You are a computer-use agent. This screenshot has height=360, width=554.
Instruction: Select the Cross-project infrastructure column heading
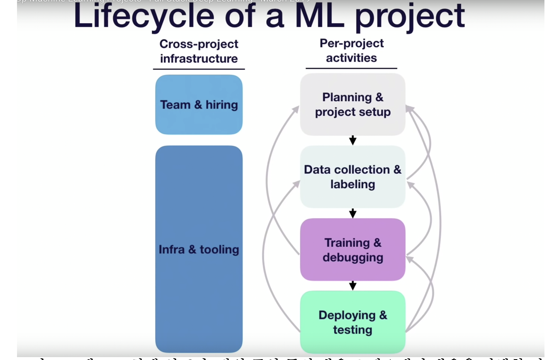(199, 51)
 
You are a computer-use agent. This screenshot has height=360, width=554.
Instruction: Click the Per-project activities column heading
(351, 51)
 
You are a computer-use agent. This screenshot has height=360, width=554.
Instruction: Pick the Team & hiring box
(199, 105)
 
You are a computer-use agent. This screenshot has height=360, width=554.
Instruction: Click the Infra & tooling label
(199, 249)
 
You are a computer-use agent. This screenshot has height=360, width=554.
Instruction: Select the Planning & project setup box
(352, 105)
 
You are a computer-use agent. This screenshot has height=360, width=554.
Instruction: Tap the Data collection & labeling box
(352, 177)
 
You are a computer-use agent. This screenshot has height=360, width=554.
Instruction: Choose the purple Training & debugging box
(352, 250)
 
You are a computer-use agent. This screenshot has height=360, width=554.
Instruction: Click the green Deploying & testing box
(352, 322)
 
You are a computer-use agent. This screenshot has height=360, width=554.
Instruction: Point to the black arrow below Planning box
(352, 140)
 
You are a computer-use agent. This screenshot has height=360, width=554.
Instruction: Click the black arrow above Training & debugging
(352, 213)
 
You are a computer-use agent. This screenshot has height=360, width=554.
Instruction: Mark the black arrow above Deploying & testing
(352, 285)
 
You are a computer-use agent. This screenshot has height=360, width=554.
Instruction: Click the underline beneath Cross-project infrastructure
(199, 69)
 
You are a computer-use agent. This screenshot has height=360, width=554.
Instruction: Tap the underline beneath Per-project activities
(351, 68)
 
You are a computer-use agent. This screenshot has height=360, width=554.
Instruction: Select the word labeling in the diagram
(352, 184)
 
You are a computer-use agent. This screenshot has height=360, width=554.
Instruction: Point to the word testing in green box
(352, 330)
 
